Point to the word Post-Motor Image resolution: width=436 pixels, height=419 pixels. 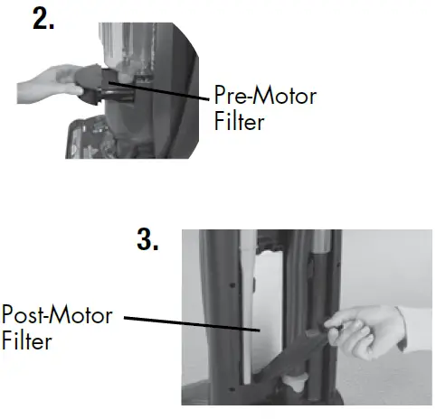56,317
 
